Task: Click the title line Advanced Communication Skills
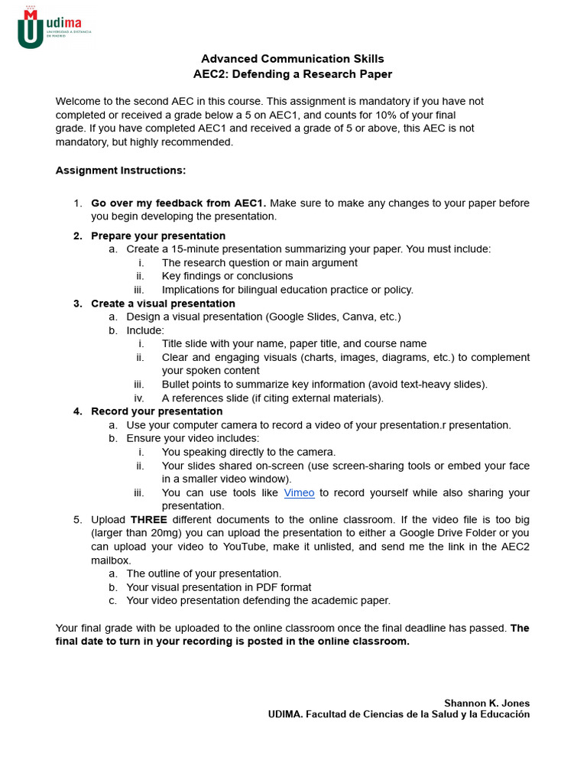click(x=293, y=59)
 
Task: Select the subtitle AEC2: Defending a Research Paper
click(x=293, y=74)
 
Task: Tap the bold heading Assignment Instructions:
click(x=121, y=170)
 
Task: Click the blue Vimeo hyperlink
click(x=299, y=493)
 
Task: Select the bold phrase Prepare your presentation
click(x=158, y=236)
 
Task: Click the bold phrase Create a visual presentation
click(x=163, y=304)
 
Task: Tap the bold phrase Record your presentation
click(x=157, y=411)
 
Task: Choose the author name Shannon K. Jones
click(x=487, y=703)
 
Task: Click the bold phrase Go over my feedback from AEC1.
click(x=179, y=203)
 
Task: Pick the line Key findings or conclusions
click(x=227, y=276)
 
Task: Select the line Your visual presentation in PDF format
click(x=219, y=587)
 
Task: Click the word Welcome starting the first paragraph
click(x=78, y=101)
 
